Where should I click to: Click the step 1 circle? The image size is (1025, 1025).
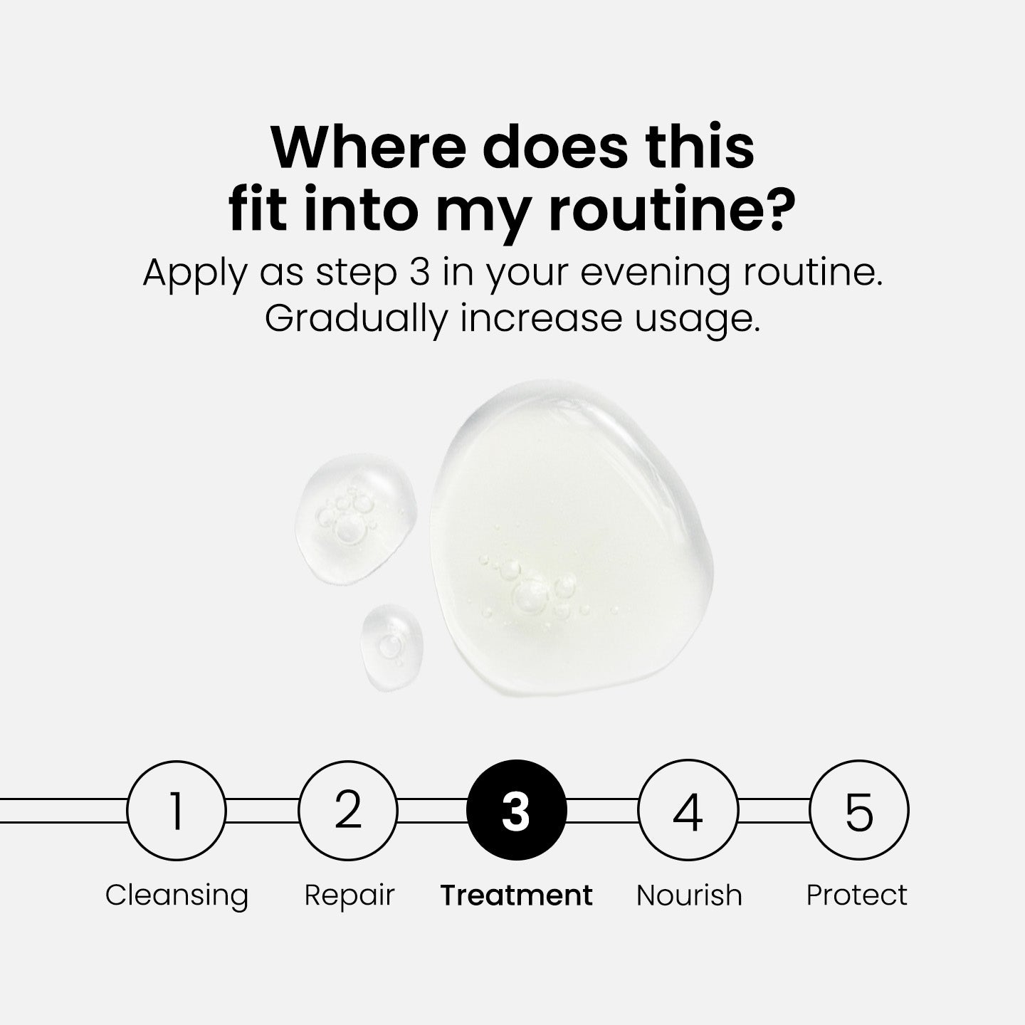click(x=177, y=810)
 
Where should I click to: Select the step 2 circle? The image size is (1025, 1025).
click(x=348, y=810)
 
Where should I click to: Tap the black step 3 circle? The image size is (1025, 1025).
click(x=517, y=810)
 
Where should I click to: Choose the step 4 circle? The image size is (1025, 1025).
click(x=688, y=810)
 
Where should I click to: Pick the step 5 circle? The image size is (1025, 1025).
click(x=859, y=810)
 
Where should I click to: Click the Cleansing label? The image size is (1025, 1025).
click(x=177, y=895)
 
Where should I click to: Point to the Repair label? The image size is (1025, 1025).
click(x=349, y=895)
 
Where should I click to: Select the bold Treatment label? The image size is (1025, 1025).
click(x=517, y=895)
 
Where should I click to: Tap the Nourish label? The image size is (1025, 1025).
click(x=689, y=895)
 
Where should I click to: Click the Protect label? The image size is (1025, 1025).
click(x=857, y=895)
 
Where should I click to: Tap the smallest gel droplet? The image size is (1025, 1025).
click(x=391, y=646)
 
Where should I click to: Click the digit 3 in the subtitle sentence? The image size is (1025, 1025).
click(x=420, y=273)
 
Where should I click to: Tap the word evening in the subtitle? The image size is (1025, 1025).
click(x=655, y=273)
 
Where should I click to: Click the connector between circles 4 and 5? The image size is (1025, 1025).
click(x=774, y=810)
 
